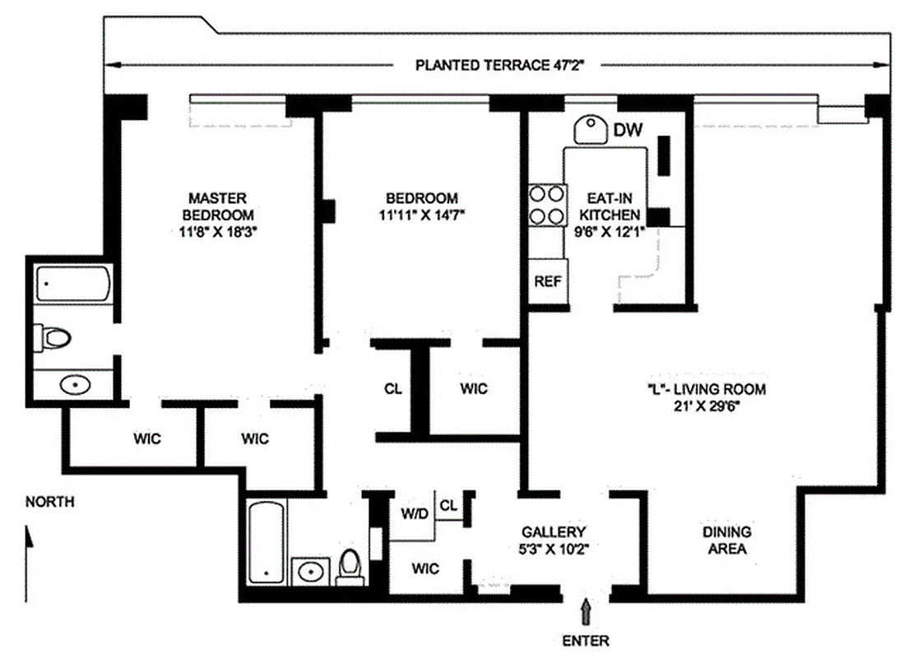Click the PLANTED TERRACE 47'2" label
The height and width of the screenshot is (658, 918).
point(505,66)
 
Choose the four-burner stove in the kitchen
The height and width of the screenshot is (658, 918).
point(547,206)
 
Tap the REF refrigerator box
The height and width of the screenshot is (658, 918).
point(547,281)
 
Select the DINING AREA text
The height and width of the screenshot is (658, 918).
point(727,540)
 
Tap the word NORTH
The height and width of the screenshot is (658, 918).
point(49,502)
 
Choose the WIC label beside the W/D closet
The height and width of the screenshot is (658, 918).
point(426,568)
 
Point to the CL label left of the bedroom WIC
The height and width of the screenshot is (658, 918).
point(393,389)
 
